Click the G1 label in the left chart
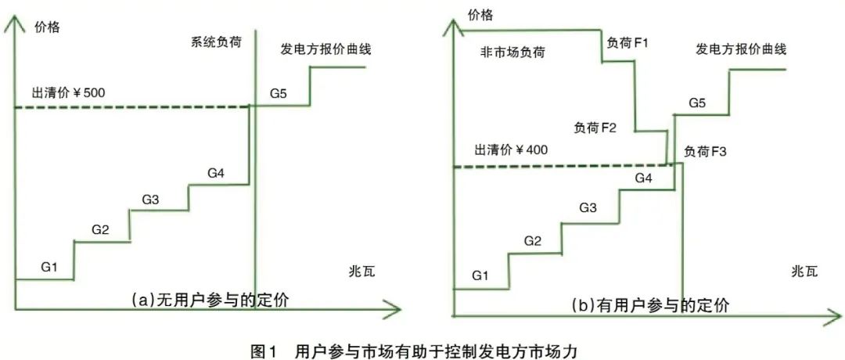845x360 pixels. coord(49,267)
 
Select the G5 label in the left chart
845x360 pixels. coord(279,94)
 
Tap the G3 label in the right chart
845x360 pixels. coord(588,207)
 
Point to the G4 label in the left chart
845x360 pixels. coord(217,173)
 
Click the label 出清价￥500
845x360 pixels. coord(68,93)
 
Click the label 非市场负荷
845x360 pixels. coord(512,53)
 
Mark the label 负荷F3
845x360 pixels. coord(706,151)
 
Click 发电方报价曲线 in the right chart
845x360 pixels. coord(741,49)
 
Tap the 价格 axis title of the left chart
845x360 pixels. coord(48,27)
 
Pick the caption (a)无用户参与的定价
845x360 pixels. coord(205,299)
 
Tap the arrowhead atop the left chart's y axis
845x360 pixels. coord(14,22)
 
